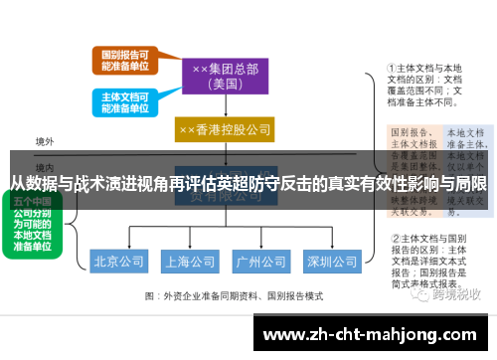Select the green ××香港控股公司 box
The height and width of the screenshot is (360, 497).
point(225,130)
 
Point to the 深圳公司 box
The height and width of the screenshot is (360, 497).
point(331,263)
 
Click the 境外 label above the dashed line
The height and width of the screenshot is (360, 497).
point(45,142)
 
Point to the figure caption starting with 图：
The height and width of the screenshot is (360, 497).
point(235,295)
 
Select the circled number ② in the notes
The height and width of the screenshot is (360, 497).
point(394,239)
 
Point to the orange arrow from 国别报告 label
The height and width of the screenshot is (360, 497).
point(164,63)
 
